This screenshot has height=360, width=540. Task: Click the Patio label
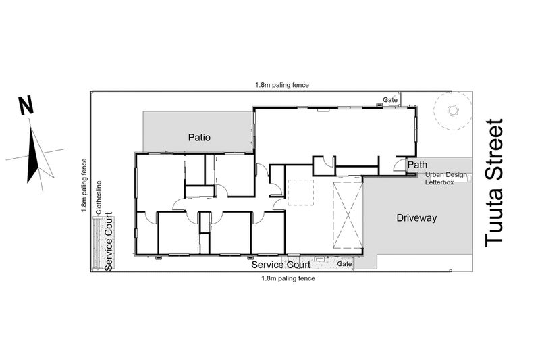[199, 138]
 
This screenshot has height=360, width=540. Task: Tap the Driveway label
[416, 217]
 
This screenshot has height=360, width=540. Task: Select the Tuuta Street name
[494, 183]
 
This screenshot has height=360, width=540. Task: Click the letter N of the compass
[26, 105]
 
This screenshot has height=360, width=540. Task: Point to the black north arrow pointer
[32, 155]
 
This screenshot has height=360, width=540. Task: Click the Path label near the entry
[417, 165]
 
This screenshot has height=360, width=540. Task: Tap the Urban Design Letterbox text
[446, 178]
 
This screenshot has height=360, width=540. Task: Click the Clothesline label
[99, 197]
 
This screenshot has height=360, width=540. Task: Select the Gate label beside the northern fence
[390, 100]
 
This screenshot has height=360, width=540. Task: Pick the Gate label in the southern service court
[344, 264]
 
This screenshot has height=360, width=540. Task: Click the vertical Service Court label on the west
[109, 242]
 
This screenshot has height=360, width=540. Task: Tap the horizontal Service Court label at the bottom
[281, 265]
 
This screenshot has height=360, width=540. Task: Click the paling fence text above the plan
[282, 84]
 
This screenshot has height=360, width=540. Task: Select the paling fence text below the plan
[288, 278]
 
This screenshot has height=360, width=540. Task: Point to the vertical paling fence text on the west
[84, 185]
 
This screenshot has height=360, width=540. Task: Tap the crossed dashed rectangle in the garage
[348, 215]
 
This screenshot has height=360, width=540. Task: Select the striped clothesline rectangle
[98, 244]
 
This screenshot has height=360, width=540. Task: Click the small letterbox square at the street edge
[468, 178]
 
